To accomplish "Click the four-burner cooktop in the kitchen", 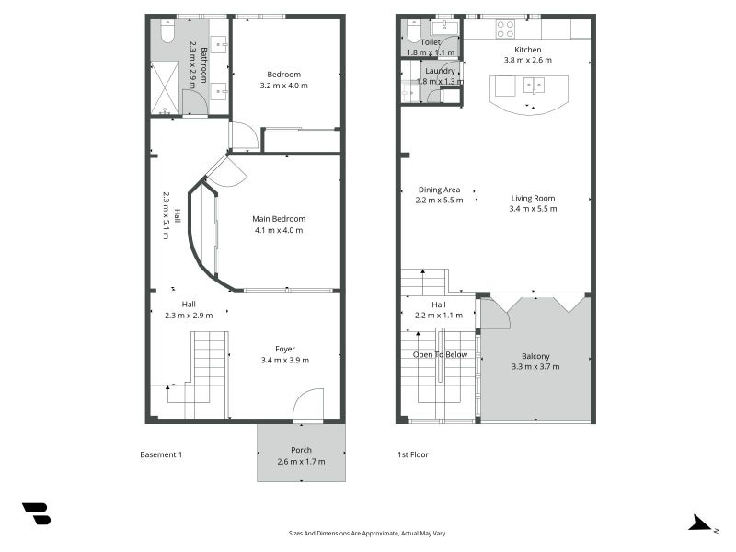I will point(506,29).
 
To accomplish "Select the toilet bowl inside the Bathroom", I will point(167,33).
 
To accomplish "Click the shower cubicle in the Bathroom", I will point(166,87).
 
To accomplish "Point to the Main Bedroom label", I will point(279,218).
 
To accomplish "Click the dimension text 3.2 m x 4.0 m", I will point(284,86).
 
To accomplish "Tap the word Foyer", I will point(285,349).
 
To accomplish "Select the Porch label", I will point(302,450).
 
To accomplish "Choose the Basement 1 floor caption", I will point(161,454).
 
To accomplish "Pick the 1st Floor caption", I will point(412,454).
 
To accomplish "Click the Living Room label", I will point(534,198).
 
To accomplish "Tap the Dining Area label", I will point(438,190).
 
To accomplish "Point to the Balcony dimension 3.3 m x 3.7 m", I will point(535,366).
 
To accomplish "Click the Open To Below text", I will point(440,354).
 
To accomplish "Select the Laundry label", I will point(440,70).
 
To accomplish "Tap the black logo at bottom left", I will point(36,513).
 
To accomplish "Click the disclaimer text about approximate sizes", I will point(368,533).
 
